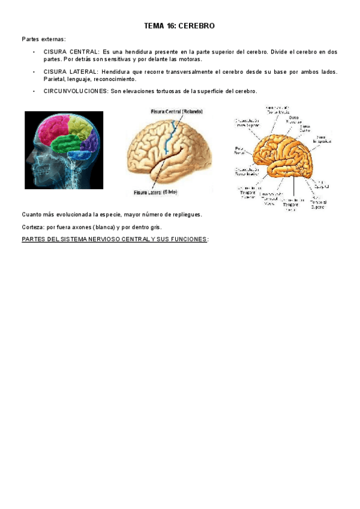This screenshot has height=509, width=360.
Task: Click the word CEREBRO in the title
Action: (x=197, y=26)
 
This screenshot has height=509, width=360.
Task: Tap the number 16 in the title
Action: (x=171, y=26)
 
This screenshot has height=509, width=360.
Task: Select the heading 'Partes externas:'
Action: (x=44, y=39)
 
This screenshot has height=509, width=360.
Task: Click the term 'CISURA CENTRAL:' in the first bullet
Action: (x=71, y=52)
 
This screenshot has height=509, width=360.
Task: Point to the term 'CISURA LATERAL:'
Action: (x=71, y=72)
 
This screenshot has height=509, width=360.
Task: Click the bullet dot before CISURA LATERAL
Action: (x=35, y=72)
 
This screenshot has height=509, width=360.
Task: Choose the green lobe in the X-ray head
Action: (x=68, y=144)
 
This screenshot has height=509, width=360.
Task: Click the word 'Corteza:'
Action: (x=33, y=227)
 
